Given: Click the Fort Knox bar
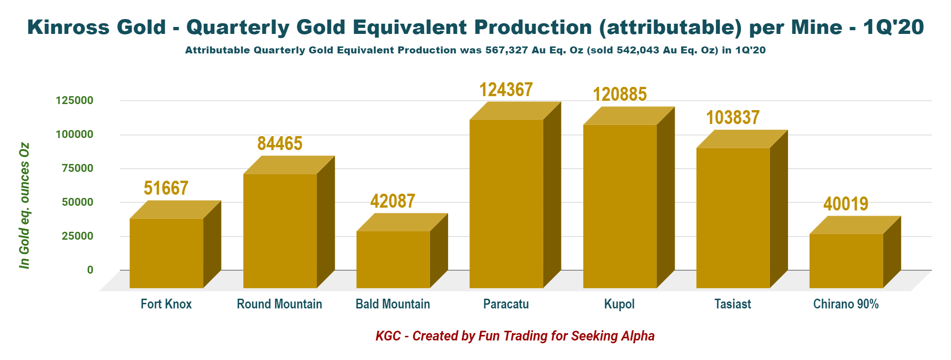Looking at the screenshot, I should pyautogui.click(x=166, y=253).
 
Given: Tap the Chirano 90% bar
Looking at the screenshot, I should pyautogui.click(x=846, y=261).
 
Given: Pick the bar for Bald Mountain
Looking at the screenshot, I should pyautogui.click(x=393, y=259).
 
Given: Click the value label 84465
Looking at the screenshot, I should pyautogui.click(x=280, y=144).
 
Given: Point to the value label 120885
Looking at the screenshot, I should pyautogui.click(x=619, y=94).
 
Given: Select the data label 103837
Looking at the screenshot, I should pyautogui.click(x=733, y=118).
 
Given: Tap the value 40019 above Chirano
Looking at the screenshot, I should pyautogui.click(x=846, y=204).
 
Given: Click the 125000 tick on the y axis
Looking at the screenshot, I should pyautogui.click(x=74, y=100).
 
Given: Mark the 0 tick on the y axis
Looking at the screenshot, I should pyautogui.click(x=90, y=270).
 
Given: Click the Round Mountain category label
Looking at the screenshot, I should pyautogui.click(x=279, y=304).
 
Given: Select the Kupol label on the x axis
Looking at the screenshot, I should pyautogui.click(x=619, y=304).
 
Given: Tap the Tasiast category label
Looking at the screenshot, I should pyautogui.click(x=732, y=304).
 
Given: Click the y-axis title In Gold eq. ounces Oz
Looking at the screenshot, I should pyautogui.click(x=24, y=205).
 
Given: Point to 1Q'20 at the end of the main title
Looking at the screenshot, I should pyautogui.click(x=893, y=27).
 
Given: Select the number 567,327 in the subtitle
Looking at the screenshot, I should pyautogui.click(x=507, y=50).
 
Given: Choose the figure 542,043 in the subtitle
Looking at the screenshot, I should pyautogui.click(x=638, y=50).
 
